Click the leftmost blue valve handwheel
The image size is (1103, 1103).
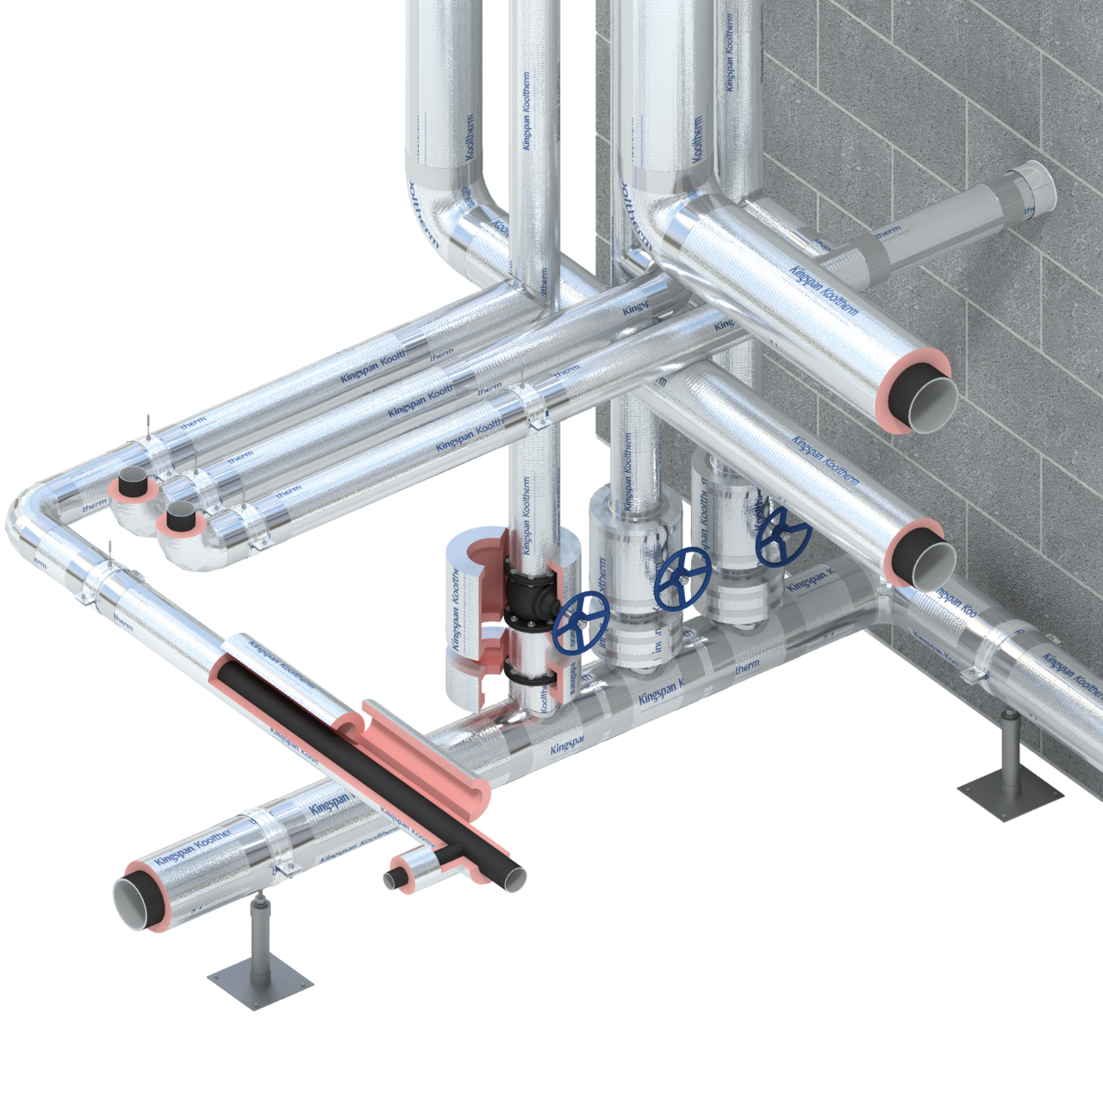[582, 622]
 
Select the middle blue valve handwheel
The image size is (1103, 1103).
[682, 578]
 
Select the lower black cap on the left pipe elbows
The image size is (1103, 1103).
[181, 519]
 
